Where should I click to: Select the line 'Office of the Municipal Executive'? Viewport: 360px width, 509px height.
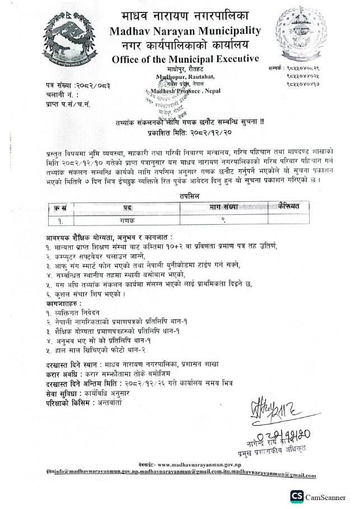(185, 59)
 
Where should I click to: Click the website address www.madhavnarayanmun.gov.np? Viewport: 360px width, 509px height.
(196, 465)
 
